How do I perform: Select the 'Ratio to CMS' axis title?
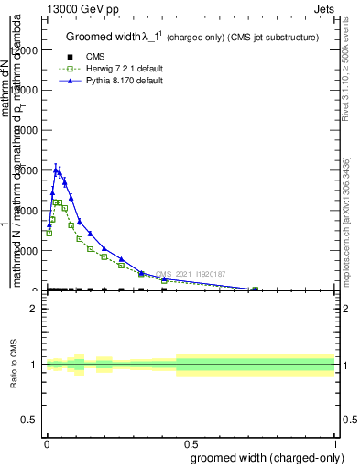(14, 365)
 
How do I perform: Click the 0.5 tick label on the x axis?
(191, 443)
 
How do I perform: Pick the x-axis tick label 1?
(335, 443)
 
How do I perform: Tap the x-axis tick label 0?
(46, 443)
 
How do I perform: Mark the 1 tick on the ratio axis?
(33, 365)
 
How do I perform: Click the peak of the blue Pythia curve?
(57, 170)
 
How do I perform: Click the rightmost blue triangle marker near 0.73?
(256, 289)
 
